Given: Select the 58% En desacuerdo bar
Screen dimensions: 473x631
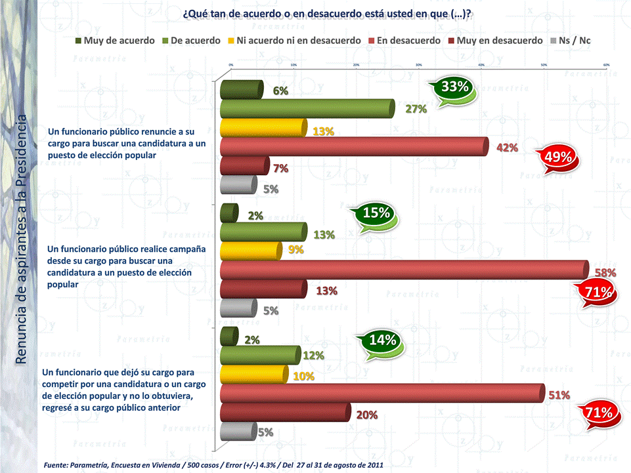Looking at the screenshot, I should [x=403, y=270].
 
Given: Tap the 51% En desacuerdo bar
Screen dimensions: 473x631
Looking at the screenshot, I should [x=381, y=392].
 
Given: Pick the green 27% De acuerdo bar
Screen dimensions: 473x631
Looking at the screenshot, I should [x=307, y=108].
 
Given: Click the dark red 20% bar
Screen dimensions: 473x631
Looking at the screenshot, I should [x=284, y=412].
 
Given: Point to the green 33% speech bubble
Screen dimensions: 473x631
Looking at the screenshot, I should [x=454, y=87].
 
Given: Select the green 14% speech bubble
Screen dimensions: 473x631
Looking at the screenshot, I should [x=381, y=340].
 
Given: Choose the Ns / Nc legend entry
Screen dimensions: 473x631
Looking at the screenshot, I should [x=574, y=41].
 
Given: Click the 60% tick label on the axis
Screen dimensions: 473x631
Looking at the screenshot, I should [x=606, y=65].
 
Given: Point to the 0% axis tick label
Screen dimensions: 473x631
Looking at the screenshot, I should [x=230, y=65].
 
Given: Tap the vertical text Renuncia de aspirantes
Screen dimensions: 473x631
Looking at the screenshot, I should [x=21, y=239].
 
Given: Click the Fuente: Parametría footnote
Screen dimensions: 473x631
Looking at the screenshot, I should [x=213, y=464].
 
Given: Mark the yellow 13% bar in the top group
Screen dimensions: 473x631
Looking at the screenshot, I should [x=263, y=127].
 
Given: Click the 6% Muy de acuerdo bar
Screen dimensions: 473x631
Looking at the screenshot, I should [x=241, y=89].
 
